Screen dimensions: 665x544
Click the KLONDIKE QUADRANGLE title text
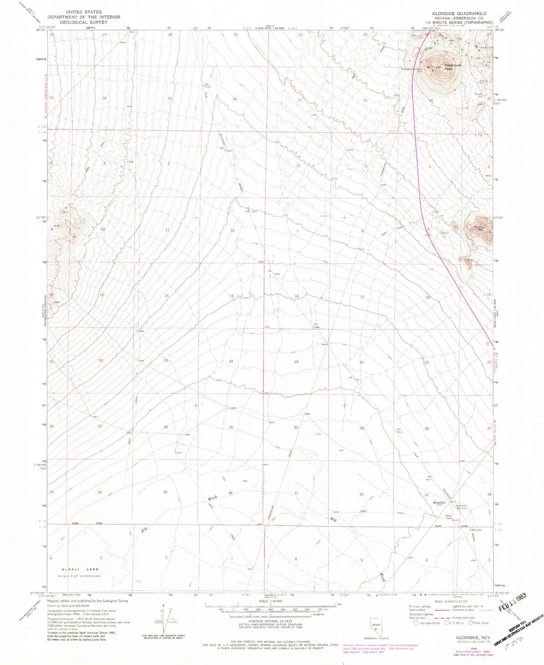(459, 13)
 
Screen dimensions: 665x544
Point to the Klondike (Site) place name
(439, 504)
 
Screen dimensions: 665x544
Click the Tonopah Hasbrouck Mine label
(412, 70)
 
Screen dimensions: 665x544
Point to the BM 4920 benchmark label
(476, 530)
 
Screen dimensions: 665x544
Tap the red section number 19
(296, 362)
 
